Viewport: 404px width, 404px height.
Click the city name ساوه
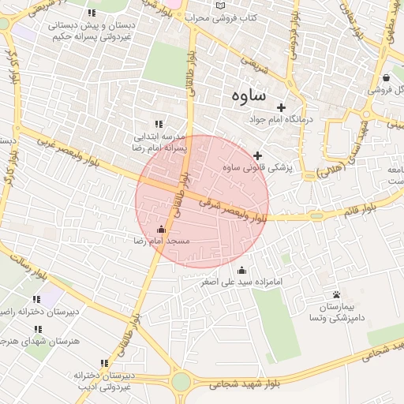[249, 95]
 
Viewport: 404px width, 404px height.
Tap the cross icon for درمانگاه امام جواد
[280, 107]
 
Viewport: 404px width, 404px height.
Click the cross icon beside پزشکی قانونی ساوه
[257, 155]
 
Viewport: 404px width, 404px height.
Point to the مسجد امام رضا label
[162, 240]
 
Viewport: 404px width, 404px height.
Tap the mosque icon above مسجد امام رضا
[161, 229]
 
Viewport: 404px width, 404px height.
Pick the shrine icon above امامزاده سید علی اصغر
[241, 270]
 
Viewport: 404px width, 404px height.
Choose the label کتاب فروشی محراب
[226, 17]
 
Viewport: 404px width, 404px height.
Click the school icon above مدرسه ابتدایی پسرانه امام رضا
[159, 124]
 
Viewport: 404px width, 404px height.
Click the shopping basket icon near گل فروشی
[386, 77]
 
